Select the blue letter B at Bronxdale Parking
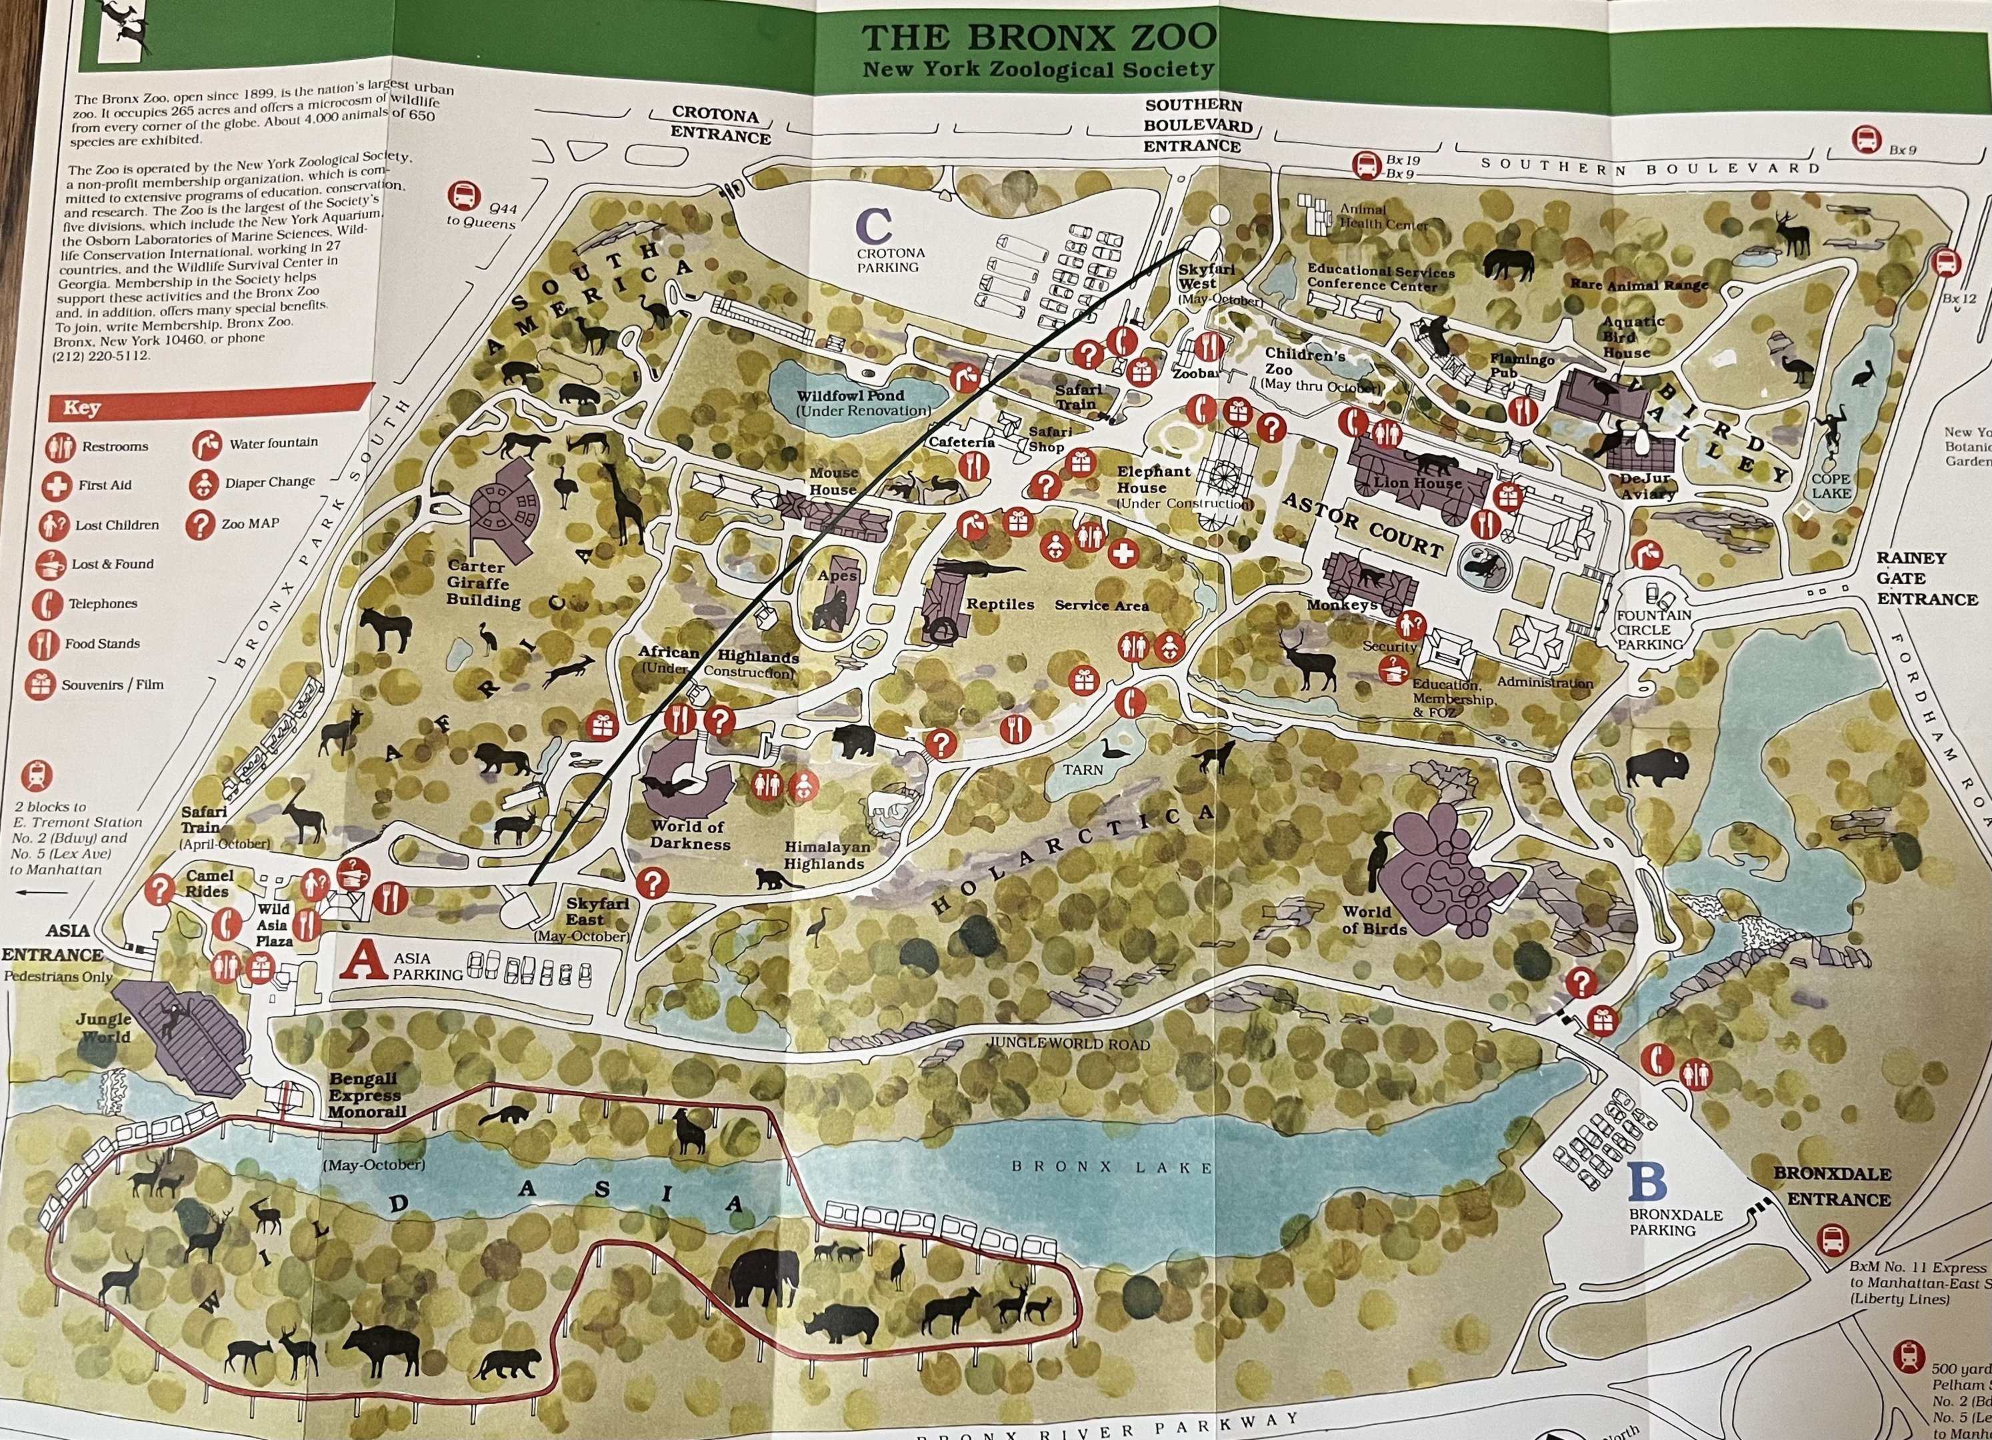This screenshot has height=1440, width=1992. pyautogui.click(x=1647, y=1182)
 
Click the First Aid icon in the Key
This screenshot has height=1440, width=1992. pyautogui.click(x=57, y=485)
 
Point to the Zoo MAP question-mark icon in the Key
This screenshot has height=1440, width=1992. pyautogui.click(x=201, y=524)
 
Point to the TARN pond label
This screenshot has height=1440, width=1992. pyautogui.click(x=1083, y=770)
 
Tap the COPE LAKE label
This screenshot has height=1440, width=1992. pyautogui.click(x=1831, y=485)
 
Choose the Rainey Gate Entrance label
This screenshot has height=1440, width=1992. pyautogui.click(x=1926, y=579)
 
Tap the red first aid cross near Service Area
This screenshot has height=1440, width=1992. pyautogui.click(x=1123, y=553)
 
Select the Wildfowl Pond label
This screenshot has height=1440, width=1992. pyautogui.click(x=850, y=396)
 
